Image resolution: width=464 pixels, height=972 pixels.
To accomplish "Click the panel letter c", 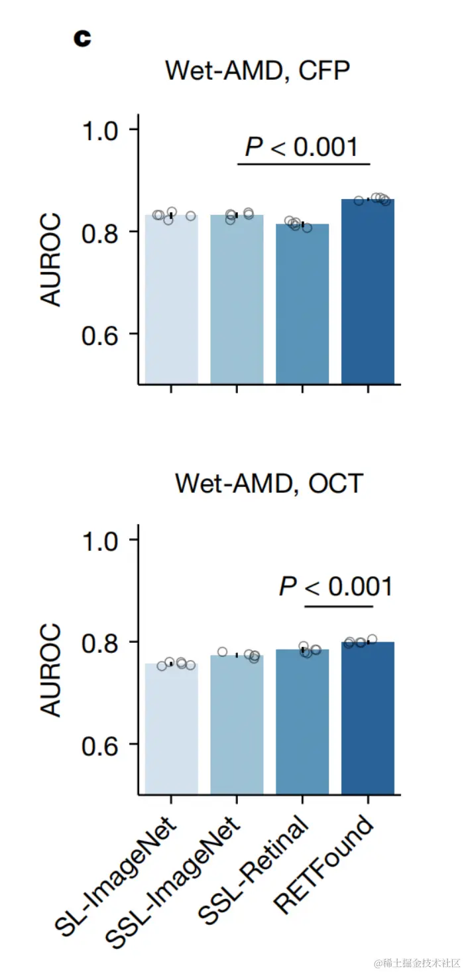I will pyautogui.click(x=82, y=38).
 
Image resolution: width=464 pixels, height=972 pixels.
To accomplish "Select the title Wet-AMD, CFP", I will pyautogui.click(x=257, y=71).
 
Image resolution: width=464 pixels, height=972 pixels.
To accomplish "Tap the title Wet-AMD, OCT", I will pyautogui.click(x=268, y=483).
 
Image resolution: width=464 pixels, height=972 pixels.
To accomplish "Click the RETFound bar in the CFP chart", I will pyautogui.click(x=368, y=292).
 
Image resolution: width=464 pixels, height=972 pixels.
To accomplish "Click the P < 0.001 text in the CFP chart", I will pyautogui.click(x=302, y=147).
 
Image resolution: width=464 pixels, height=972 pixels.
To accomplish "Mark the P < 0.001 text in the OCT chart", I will pyautogui.click(x=335, y=587).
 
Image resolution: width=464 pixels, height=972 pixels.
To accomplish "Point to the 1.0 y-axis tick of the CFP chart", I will pyautogui.click(x=99, y=129).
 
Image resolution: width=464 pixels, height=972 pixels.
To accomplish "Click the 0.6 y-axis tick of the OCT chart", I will pyautogui.click(x=99, y=744).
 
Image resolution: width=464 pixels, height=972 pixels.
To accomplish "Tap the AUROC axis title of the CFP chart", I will pyautogui.click(x=52, y=259).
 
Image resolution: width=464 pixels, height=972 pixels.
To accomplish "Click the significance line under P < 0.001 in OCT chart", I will pyautogui.click(x=339, y=606).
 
